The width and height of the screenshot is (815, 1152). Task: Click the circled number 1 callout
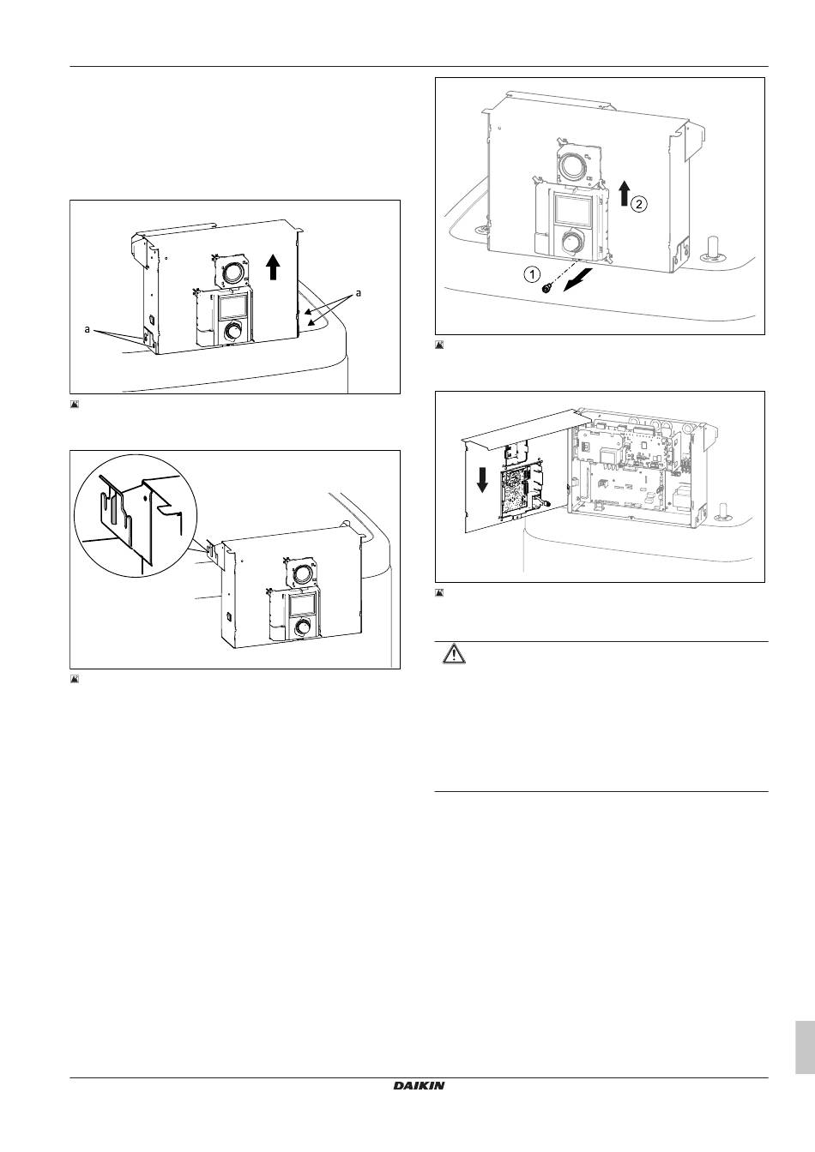click(x=533, y=274)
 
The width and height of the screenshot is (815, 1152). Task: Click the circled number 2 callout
click(x=638, y=204)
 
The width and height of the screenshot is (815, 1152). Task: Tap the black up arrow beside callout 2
click(x=624, y=194)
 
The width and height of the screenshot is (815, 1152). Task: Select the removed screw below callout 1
click(x=545, y=290)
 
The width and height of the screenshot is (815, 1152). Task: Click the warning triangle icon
click(x=454, y=654)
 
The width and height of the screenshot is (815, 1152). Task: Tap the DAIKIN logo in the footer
click(x=419, y=1086)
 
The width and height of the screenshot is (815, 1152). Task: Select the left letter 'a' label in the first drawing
click(x=88, y=329)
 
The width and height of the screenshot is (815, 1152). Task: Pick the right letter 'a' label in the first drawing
click(x=359, y=293)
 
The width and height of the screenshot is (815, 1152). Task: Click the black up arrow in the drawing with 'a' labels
click(x=273, y=267)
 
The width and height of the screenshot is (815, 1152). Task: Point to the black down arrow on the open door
click(x=482, y=479)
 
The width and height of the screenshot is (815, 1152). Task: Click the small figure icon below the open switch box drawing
click(x=439, y=592)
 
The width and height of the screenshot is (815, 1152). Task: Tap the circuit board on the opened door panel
click(x=516, y=491)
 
